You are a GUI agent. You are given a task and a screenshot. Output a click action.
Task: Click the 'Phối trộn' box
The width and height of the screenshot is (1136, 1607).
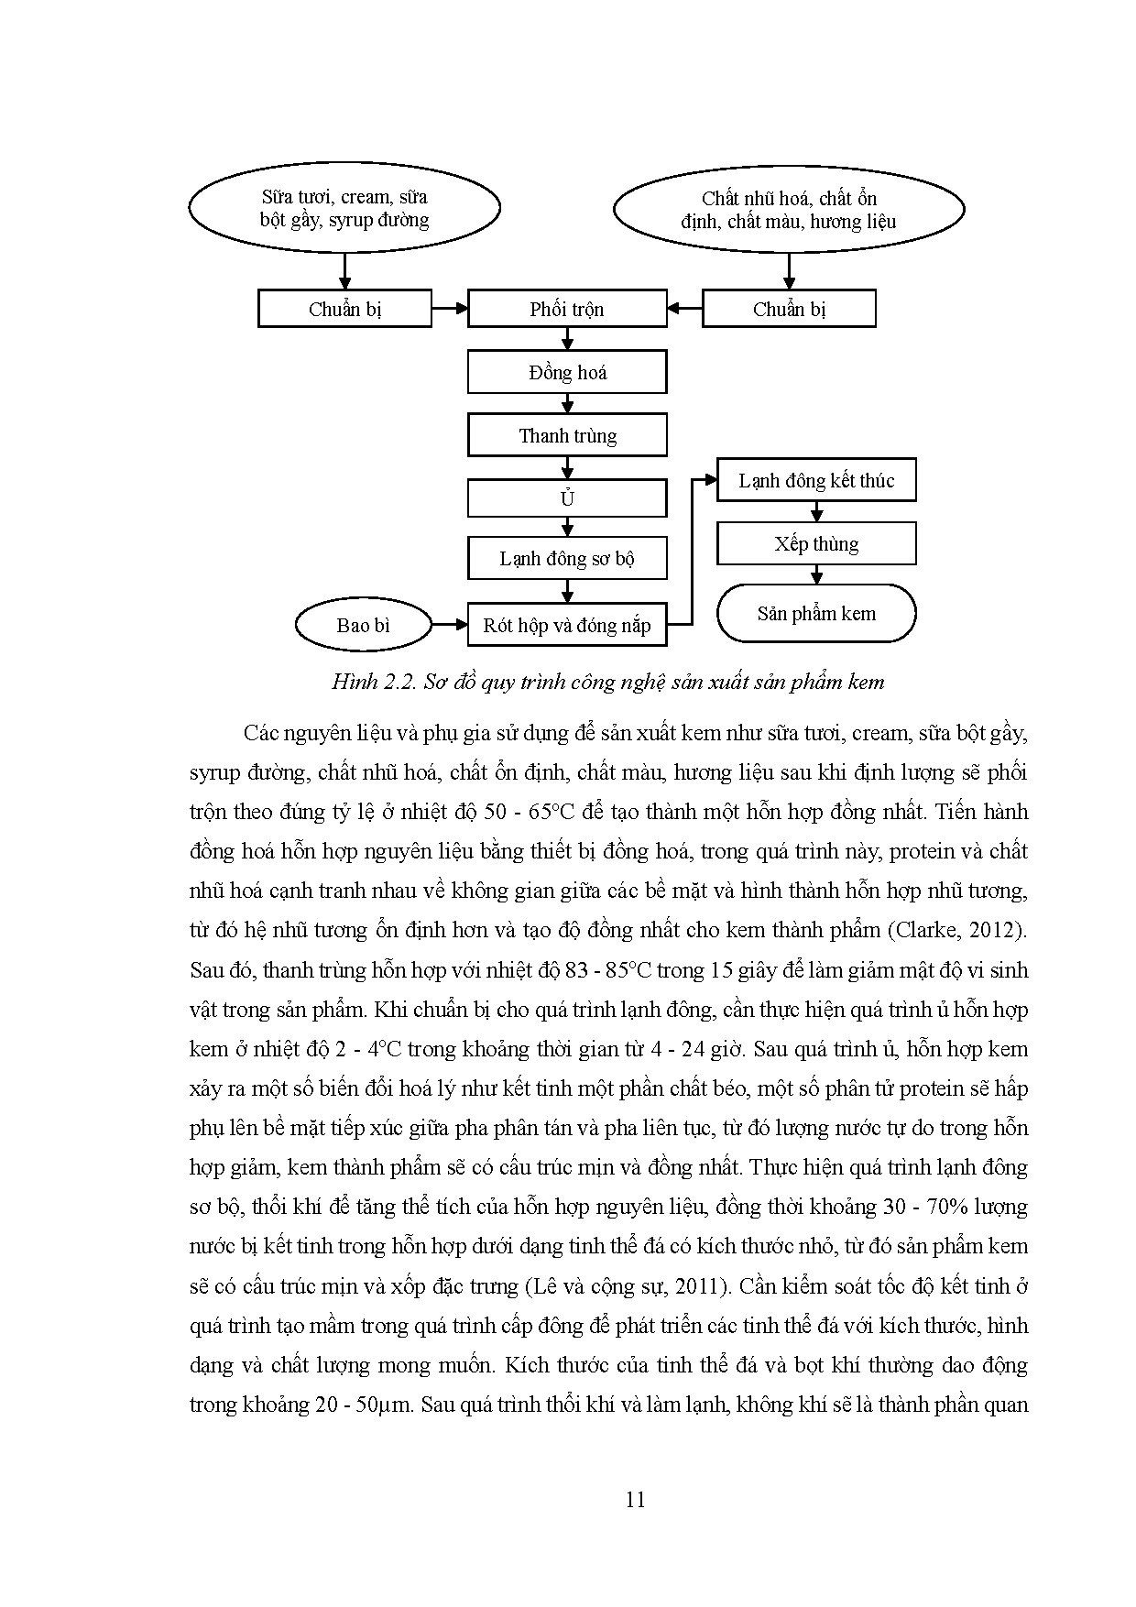567,309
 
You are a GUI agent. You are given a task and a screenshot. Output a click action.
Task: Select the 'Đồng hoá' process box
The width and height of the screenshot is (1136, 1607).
567,373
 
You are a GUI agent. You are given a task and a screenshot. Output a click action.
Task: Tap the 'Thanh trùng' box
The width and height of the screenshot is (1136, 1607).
567,435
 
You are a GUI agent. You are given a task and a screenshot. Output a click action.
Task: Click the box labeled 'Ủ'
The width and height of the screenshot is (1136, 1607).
567,499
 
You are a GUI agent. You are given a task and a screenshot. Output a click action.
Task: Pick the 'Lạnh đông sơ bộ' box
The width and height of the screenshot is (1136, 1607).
567,559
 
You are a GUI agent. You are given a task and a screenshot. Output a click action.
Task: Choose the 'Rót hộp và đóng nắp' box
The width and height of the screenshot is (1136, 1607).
567,626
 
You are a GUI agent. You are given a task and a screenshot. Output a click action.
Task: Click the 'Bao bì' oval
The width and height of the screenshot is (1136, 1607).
363,626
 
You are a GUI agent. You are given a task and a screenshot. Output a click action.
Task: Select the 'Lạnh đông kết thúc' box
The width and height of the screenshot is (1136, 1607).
816,481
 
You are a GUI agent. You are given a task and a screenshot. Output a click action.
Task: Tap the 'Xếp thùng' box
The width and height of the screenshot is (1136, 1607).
816,544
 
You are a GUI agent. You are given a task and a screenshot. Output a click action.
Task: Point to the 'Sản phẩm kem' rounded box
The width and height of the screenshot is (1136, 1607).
816,614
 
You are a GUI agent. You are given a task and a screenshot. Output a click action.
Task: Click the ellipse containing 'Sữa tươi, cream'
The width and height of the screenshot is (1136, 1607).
344,208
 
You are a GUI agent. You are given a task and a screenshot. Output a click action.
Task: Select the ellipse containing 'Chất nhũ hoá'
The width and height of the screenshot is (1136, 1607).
789,210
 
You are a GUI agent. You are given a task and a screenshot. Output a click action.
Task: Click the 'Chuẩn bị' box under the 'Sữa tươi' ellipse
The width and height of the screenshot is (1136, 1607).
344,309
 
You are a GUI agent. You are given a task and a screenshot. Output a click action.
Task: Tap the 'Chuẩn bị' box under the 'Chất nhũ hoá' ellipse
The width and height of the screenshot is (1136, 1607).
789,309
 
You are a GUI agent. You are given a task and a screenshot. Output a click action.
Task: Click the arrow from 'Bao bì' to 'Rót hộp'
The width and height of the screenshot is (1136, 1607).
449,626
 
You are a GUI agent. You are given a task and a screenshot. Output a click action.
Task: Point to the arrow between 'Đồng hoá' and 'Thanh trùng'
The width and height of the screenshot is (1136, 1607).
567,404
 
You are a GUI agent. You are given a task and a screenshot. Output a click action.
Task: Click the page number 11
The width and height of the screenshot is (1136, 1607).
635,1500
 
